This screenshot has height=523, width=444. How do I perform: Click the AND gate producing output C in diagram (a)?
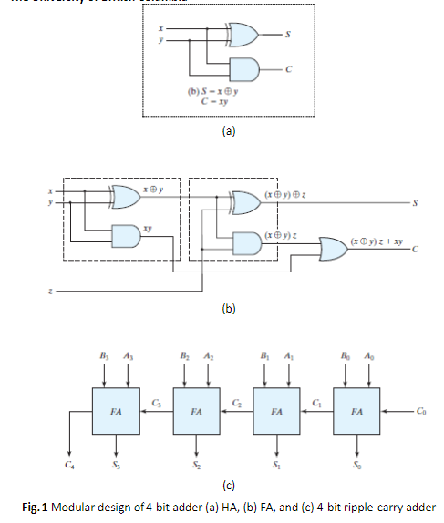(243, 69)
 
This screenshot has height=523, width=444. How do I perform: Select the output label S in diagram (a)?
(289, 36)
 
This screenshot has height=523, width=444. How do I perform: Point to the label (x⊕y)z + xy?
(377, 240)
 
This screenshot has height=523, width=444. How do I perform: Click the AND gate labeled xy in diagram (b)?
(123, 232)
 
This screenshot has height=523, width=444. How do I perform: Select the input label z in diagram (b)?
(52, 292)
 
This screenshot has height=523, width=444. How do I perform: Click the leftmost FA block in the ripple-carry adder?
(116, 411)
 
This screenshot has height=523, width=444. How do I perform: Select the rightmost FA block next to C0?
(356, 411)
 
